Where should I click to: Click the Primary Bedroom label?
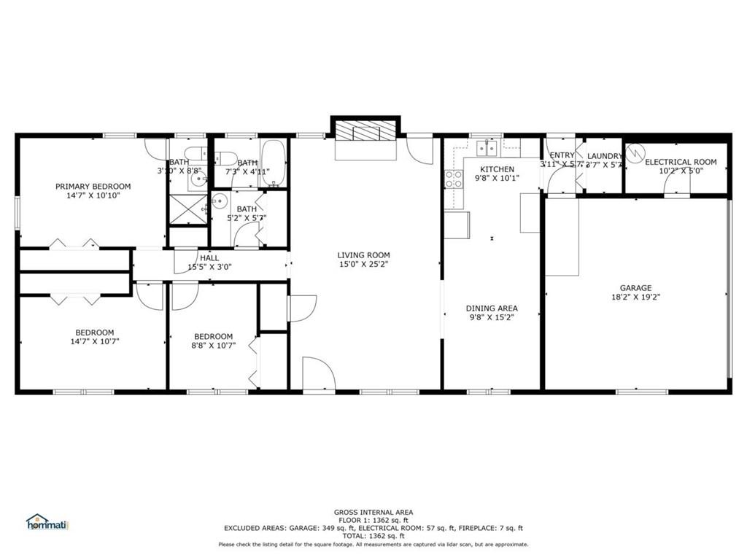point(93,187)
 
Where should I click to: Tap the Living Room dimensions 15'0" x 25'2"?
point(363,265)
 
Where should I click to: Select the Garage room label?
point(635,288)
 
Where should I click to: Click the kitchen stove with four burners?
point(454,179)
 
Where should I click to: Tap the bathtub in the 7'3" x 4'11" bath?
point(274,166)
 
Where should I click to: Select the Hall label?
point(209,257)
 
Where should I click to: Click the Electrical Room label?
point(680,162)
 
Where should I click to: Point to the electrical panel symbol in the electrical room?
point(635,153)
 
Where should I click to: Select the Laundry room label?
point(604,156)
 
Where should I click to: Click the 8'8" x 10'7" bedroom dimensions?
point(213,346)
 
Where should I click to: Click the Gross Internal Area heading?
point(373,512)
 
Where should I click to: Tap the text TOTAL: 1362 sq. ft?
point(373,536)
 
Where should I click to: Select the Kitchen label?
point(497,169)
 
